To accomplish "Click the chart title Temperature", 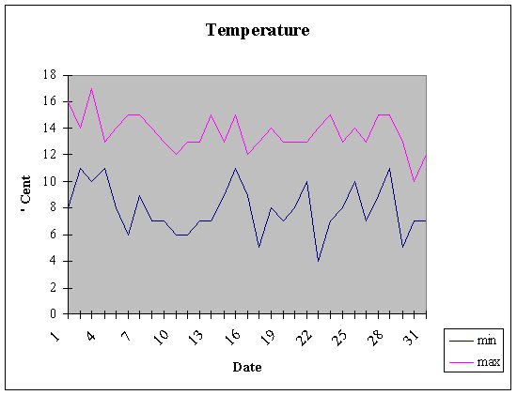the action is point(258,30).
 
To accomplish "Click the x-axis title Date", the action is point(247,367).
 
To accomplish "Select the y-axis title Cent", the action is point(25,192).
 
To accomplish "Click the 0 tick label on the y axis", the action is point(53,313).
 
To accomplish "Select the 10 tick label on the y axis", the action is point(50,181).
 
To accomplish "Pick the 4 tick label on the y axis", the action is point(53,261).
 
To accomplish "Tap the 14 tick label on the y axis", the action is point(50,128).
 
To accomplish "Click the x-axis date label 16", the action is point(233,337).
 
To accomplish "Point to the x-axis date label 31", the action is point(412,337).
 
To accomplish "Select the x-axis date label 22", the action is point(305,337).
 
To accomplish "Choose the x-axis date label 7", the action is point(126,336).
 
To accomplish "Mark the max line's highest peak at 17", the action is point(92,88).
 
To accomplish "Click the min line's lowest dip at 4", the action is point(318,261).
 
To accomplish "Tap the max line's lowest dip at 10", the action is point(414,181).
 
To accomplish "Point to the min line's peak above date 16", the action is point(235,168).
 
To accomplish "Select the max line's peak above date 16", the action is point(235,114).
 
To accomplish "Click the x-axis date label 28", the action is point(376,337).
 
